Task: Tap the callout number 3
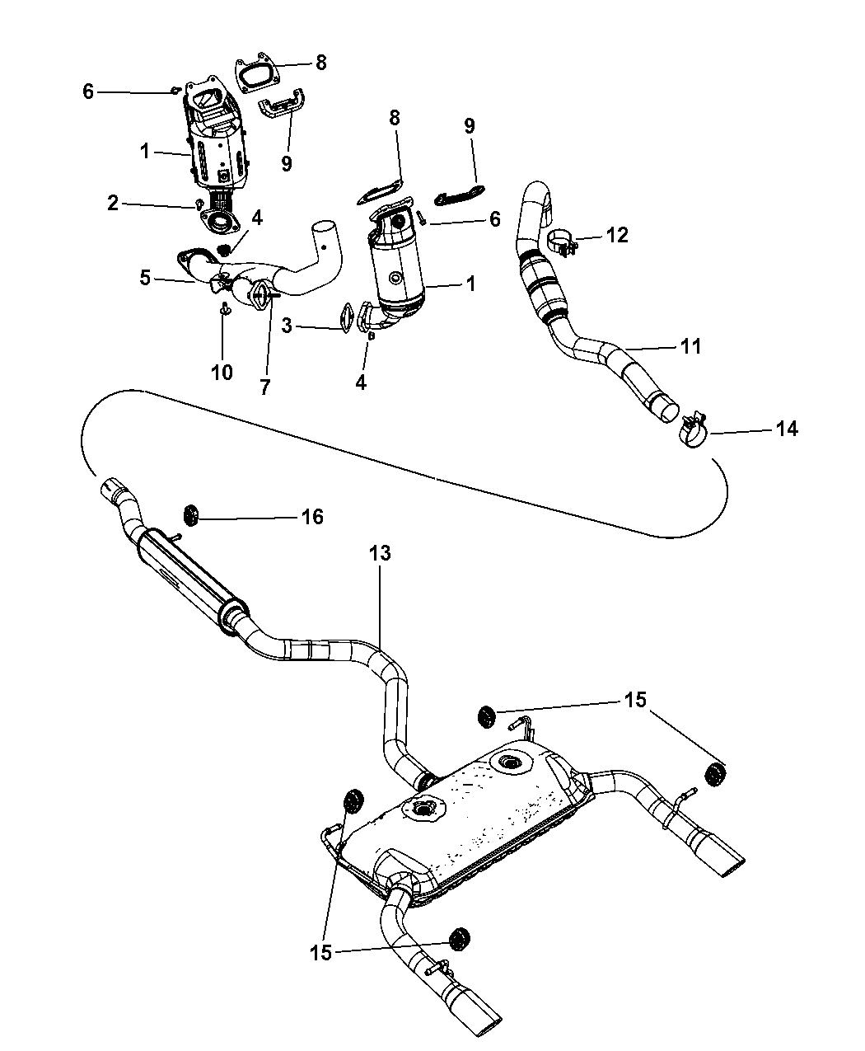tap(287, 326)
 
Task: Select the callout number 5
tap(146, 278)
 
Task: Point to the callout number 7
tap(265, 386)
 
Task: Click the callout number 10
tap(222, 372)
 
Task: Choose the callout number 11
tap(690, 346)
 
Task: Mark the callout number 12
tap(617, 235)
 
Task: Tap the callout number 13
tap(380, 553)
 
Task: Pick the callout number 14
tap(787, 429)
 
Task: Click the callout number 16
tap(312, 517)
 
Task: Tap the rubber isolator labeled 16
tap(191, 516)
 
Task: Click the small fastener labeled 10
tap(223, 310)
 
